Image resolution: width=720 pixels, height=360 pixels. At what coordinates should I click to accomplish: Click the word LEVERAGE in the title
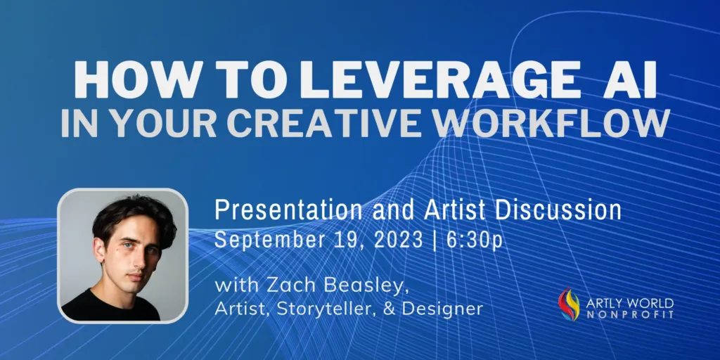[442, 82]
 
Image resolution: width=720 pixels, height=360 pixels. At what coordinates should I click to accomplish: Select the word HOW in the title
[115, 82]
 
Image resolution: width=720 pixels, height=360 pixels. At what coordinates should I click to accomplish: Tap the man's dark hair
[130, 211]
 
